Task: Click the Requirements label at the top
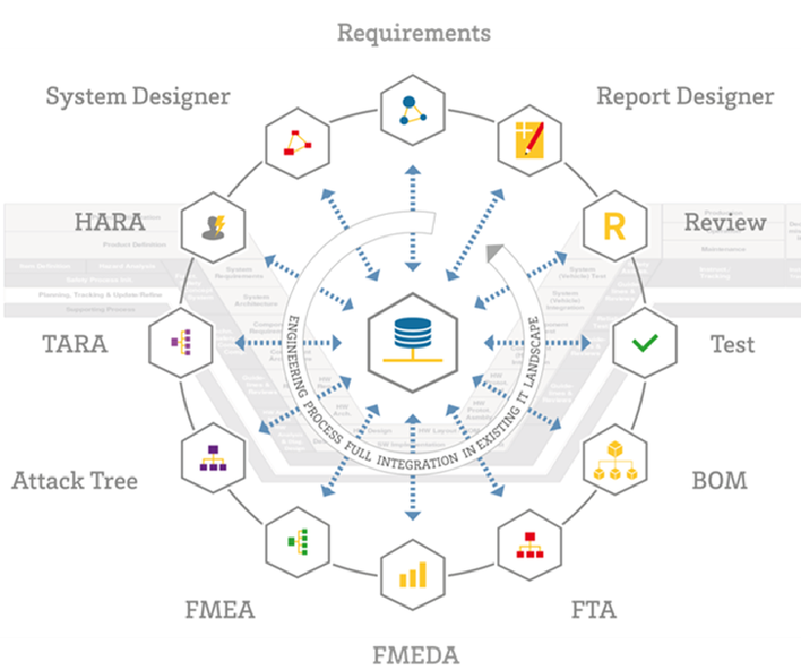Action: click(x=413, y=32)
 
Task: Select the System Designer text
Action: click(x=138, y=97)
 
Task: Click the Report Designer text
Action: click(x=685, y=97)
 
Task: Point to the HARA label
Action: click(x=109, y=222)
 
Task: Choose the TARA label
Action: click(x=74, y=345)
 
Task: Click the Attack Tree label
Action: click(x=74, y=481)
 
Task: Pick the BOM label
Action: click(x=719, y=481)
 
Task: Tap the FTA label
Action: click(x=594, y=610)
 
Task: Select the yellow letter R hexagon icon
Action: click(x=614, y=228)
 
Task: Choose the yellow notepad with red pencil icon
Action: click(x=529, y=140)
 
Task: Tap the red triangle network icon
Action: click(x=296, y=143)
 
